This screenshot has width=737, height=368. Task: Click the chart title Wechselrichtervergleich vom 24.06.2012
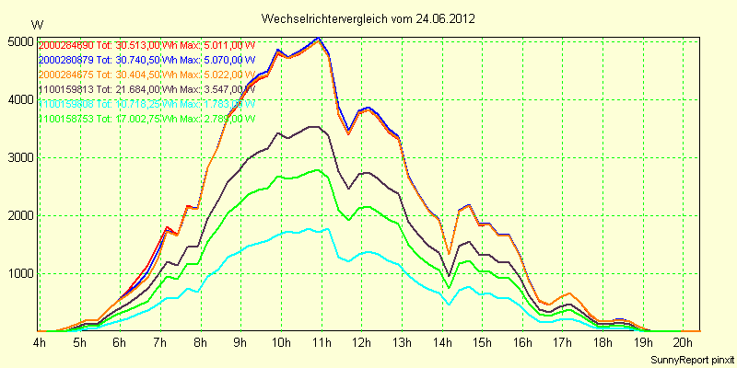click(x=368, y=18)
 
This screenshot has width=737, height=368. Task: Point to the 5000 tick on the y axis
click(x=18, y=41)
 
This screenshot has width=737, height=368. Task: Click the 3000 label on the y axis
click(x=18, y=157)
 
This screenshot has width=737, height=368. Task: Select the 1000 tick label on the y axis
click(x=18, y=273)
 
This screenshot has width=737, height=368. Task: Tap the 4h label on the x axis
click(x=40, y=342)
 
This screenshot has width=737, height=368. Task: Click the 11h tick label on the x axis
click(x=322, y=342)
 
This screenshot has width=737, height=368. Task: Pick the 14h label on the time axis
click(x=442, y=342)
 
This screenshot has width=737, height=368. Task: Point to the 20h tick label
click(x=683, y=342)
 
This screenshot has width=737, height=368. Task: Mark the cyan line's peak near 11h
click(x=318, y=229)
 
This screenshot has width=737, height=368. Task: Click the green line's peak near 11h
click(x=318, y=169)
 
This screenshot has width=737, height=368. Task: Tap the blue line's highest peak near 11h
click(x=319, y=38)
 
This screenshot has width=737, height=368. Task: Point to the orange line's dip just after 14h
click(x=449, y=253)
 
